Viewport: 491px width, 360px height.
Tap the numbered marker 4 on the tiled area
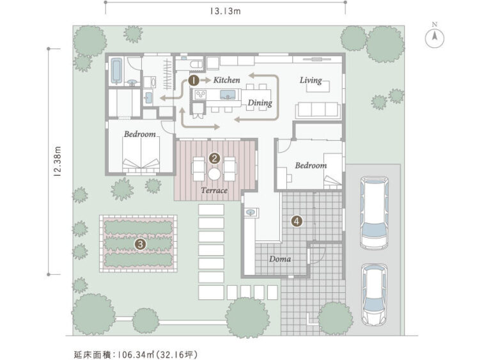296,221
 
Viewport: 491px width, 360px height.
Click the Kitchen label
227,81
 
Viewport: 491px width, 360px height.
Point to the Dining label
260,102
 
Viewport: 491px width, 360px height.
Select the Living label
311,81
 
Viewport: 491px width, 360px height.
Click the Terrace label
214,191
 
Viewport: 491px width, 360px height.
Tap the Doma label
280,259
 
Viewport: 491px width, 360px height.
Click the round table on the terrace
214,172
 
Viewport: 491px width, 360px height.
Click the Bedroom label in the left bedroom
140,134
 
